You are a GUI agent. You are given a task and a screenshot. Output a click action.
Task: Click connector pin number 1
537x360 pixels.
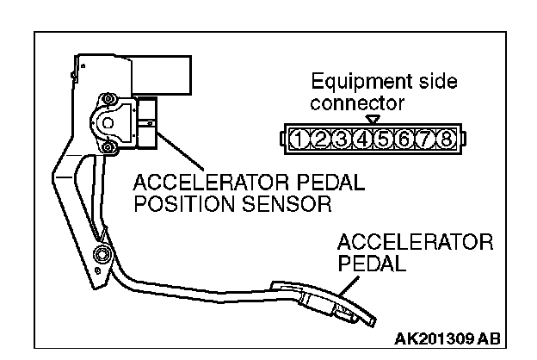coord(299,139)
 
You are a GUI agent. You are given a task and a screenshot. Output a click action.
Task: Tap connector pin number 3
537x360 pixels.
coord(341,139)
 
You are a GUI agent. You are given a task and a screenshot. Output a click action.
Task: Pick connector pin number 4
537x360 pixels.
coord(361,139)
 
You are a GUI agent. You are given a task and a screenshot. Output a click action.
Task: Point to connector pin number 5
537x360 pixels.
coord(383,139)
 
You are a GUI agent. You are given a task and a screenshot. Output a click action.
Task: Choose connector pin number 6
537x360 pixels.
coord(404,139)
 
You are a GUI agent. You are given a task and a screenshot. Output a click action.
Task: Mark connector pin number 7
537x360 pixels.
coord(425,139)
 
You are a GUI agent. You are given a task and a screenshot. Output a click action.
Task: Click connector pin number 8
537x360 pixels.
coord(446,139)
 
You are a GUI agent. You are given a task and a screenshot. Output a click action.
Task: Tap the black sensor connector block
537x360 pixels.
coord(148,121)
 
